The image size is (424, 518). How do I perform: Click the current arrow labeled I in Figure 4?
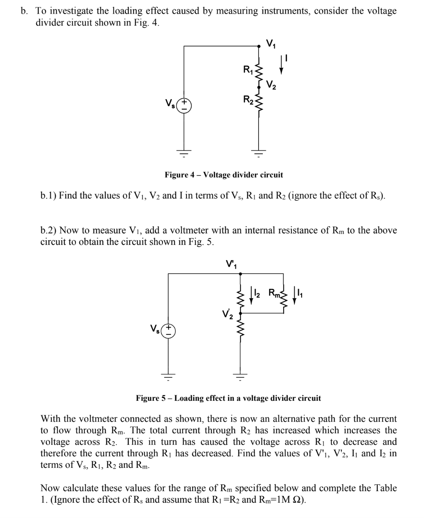pyautogui.click(x=281, y=66)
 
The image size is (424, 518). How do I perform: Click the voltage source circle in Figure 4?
pyautogui.click(x=184, y=105)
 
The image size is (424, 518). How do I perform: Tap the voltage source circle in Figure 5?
pyautogui.click(x=168, y=331)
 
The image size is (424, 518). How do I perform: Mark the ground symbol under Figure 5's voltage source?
pyautogui.click(x=168, y=377)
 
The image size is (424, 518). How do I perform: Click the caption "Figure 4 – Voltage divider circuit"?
pyautogui.click(x=224, y=175)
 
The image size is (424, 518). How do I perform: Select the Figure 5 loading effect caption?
pyautogui.click(x=228, y=399)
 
